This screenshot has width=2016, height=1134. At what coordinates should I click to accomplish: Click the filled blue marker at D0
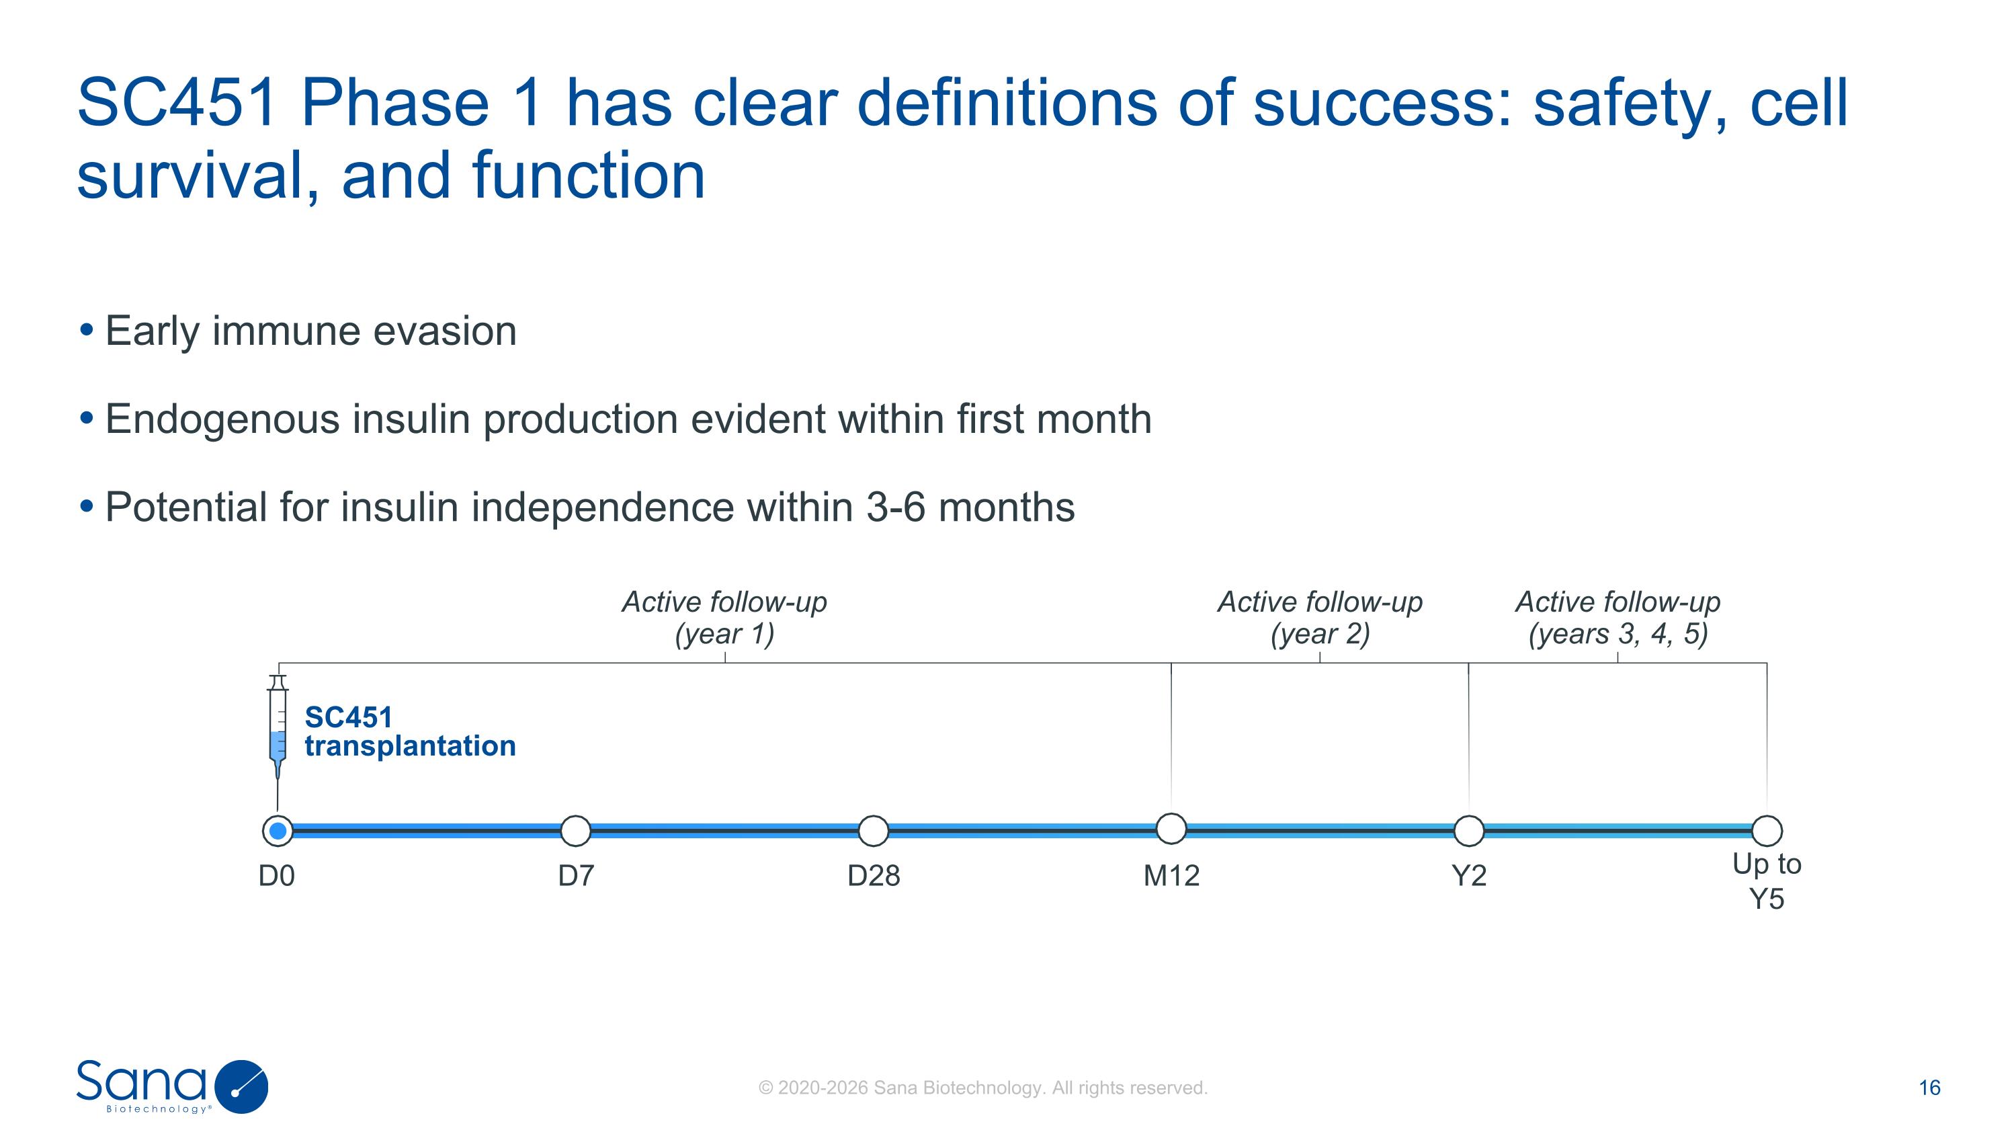[278, 830]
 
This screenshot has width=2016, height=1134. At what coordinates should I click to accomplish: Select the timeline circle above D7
[576, 830]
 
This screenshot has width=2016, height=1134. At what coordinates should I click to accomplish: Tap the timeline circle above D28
[874, 830]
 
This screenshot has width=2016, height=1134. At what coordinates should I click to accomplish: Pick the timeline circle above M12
[1171, 828]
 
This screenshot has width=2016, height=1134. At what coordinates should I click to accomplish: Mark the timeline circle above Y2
[1468, 830]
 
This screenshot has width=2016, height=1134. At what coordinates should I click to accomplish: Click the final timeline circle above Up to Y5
[1766, 830]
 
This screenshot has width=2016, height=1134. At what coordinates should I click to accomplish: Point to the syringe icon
[278, 728]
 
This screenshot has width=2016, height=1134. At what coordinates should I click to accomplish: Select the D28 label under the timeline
[874, 876]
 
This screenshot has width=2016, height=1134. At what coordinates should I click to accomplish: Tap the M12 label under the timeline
[1171, 876]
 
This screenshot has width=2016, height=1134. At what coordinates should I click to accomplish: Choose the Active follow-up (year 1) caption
[724, 618]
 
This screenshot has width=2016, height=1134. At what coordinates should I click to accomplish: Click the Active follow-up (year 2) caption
[1320, 618]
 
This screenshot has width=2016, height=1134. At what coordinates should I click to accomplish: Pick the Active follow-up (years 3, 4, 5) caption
[1618, 618]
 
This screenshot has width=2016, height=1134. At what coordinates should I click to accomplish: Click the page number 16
[1929, 1088]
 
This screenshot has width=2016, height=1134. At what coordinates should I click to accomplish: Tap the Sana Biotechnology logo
[172, 1086]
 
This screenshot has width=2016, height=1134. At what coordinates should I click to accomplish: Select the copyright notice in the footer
[983, 1088]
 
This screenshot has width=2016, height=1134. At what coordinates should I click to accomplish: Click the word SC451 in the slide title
[177, 104]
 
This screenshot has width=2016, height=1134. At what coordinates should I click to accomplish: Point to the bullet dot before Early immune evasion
[87, 329]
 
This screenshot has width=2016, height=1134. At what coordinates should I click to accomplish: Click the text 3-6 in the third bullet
[895, 507]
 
